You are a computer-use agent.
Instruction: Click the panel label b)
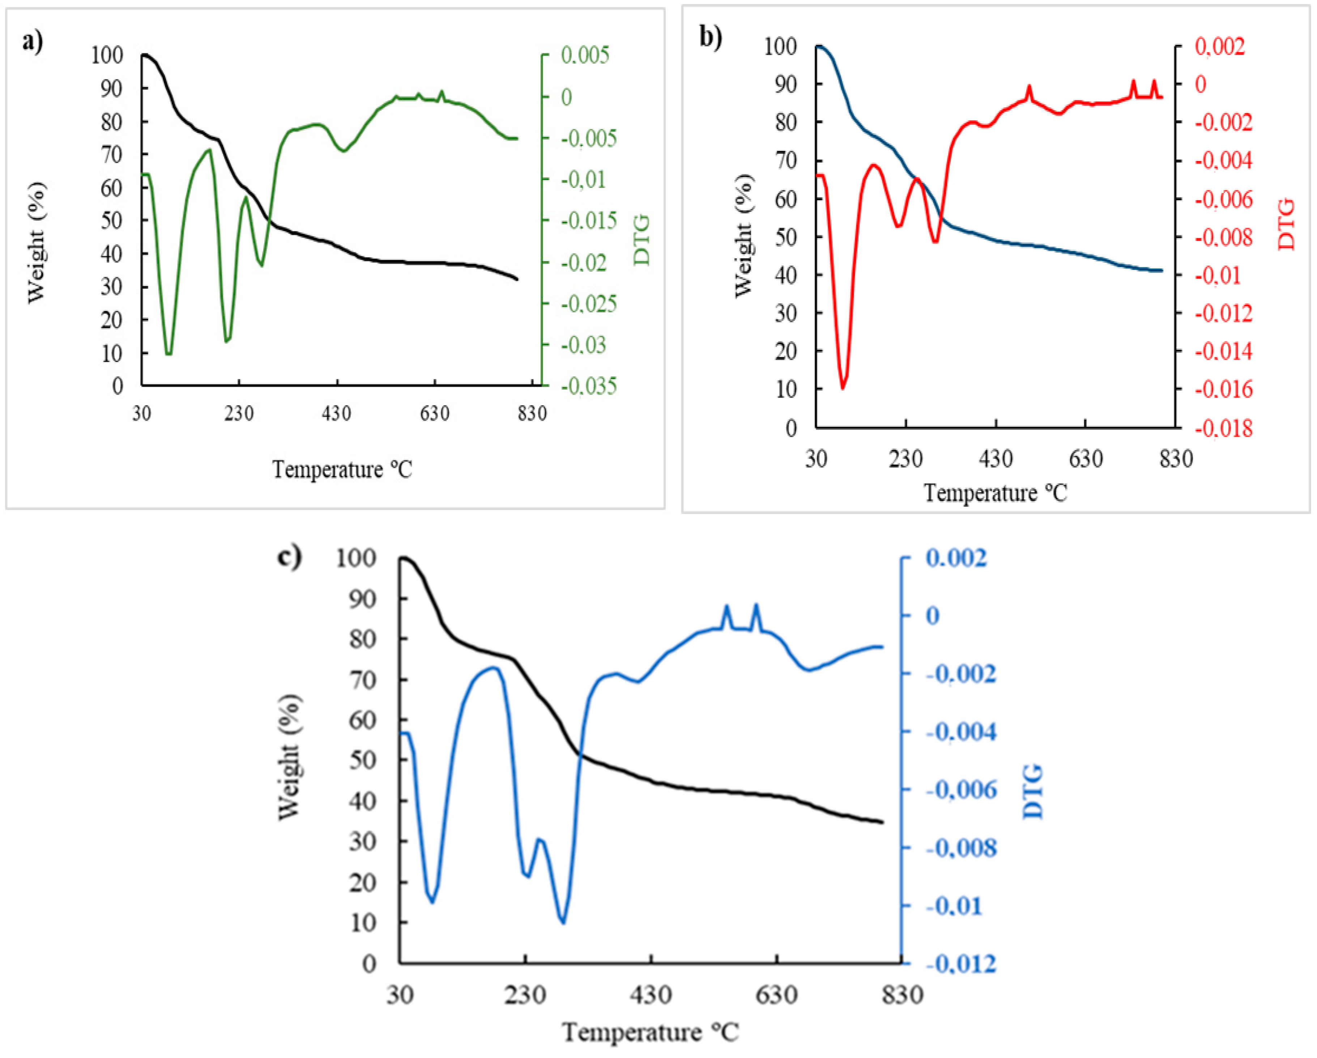[x=711, y=38]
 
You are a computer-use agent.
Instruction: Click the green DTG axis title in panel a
[x=642, y=240]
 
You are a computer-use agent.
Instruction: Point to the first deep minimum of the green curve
[x=169, y=353]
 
